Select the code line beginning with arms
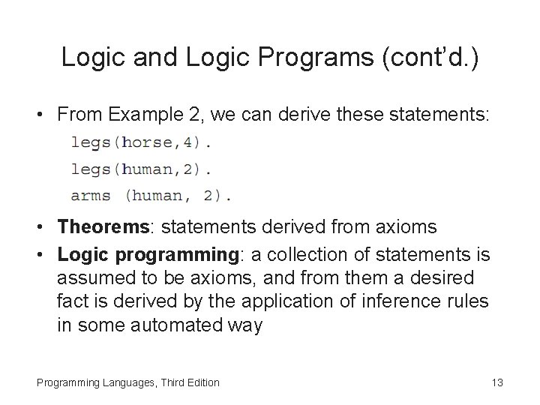coord(151,196)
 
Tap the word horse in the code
coord(148,141)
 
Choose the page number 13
coord(496,382)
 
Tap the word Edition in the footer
coord(200,382)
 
